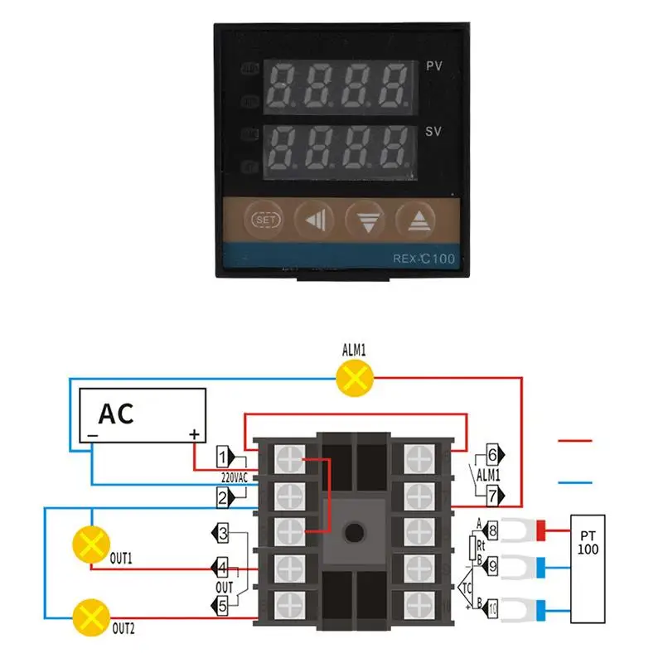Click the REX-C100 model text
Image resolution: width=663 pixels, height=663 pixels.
click(423, 259)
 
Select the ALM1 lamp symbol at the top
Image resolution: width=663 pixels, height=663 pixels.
click(355, 379)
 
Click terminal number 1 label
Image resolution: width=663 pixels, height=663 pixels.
click(222, 456)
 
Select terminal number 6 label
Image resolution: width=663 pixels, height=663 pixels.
click(492, 454)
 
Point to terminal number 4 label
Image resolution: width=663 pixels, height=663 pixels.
click(222, 568)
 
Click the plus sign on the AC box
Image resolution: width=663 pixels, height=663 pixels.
click(194, 434)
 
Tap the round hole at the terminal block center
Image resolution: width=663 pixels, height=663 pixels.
click(356, 531)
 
